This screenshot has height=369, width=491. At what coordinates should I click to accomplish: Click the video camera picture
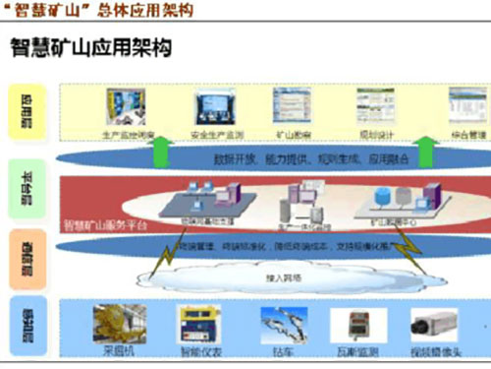430,322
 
